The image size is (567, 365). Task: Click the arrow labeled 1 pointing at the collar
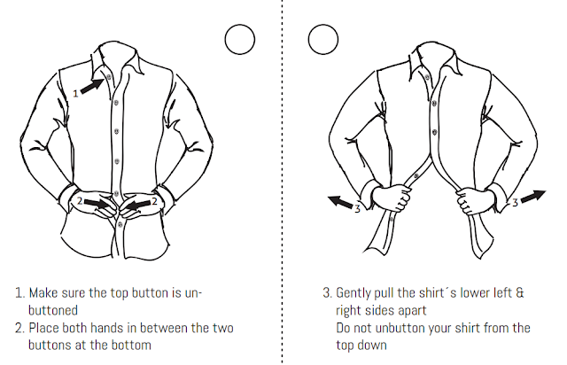[x=92, y=86]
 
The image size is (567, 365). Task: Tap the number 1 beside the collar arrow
[x=75, y=94]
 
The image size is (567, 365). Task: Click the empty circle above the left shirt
[x=240, y=40]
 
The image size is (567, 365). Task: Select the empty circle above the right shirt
[x=323, y=40]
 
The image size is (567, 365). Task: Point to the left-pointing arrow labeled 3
[x=340, y=202]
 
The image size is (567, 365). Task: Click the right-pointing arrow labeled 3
[x=533, y=197]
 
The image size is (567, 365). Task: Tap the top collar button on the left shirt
[x=109, y=76]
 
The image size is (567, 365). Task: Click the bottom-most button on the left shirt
[x=120, y=225]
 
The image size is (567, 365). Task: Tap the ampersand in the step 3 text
[x=520, y=292]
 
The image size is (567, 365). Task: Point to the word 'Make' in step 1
[x=43, y=292]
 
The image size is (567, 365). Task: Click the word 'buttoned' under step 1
[x=53, y=310]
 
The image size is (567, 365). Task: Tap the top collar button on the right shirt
[x=427, y=78]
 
